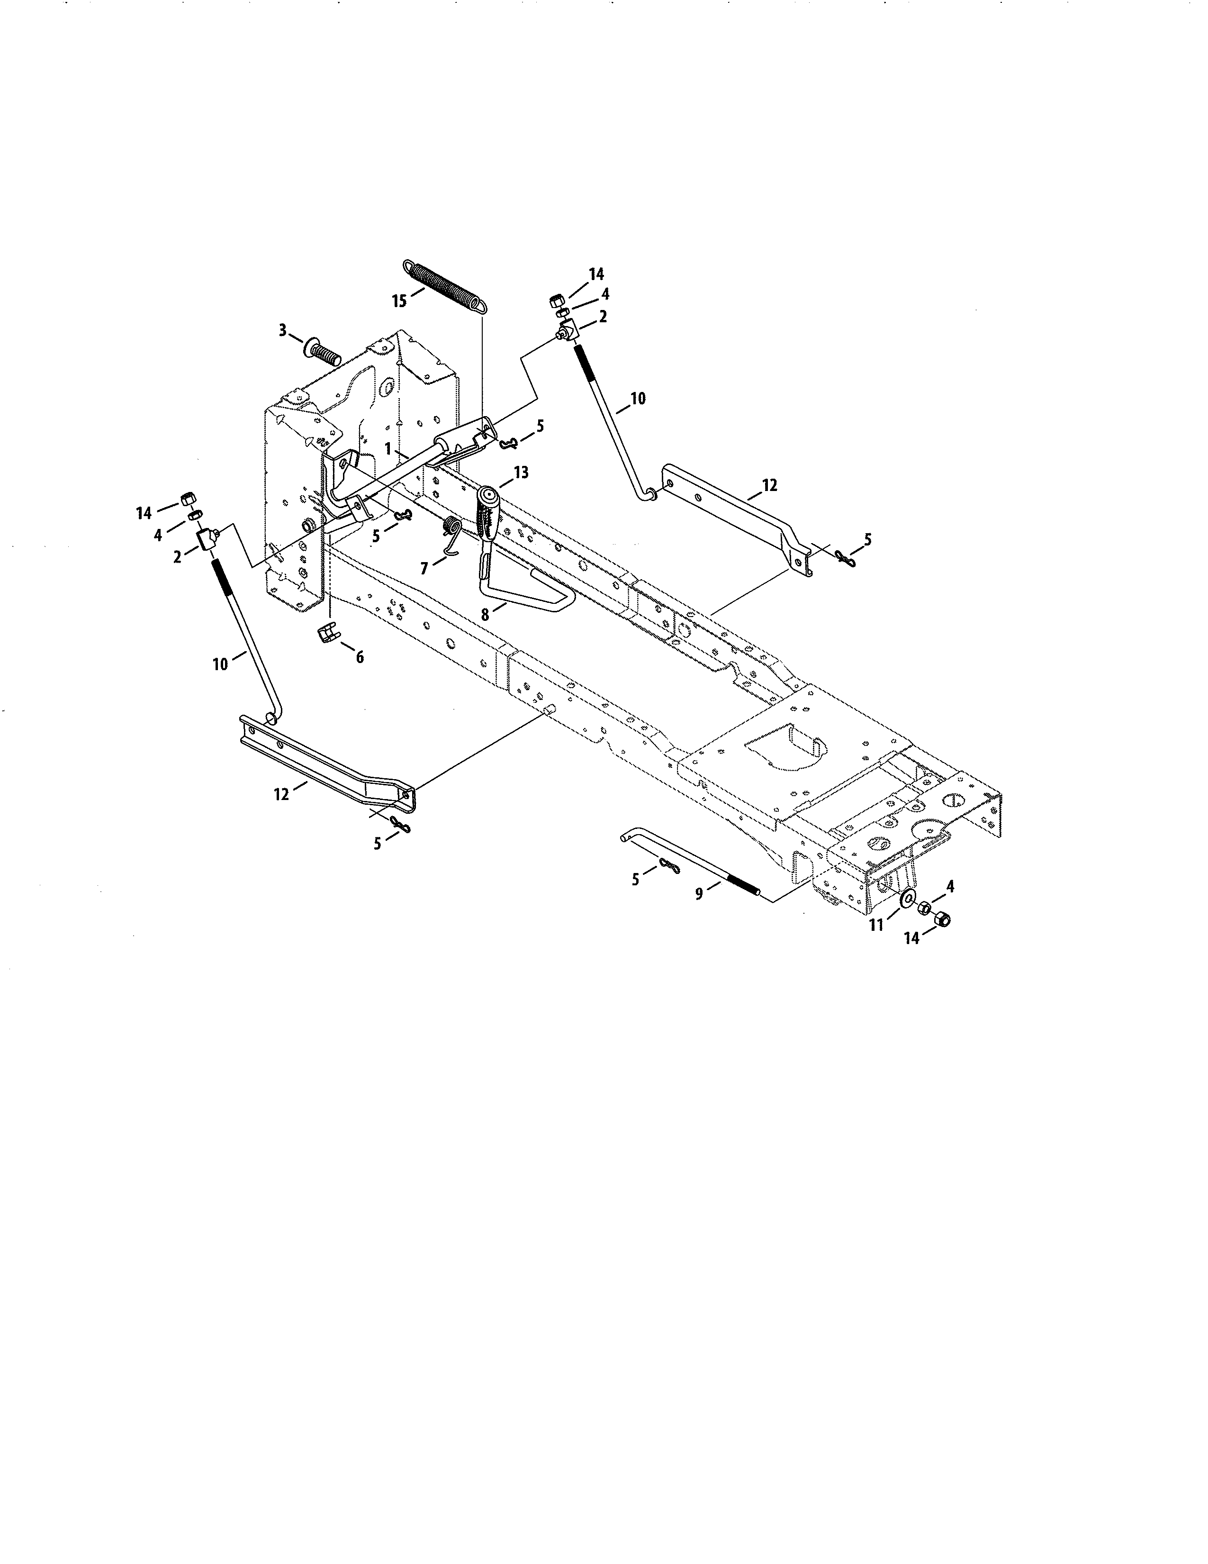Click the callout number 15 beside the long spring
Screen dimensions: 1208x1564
coord(398,301)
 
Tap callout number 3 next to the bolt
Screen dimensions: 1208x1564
coord(283,330)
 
